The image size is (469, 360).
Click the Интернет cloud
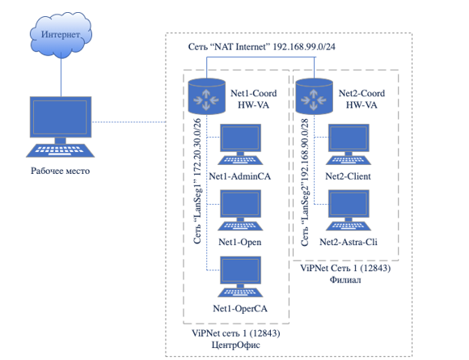pos(61,35)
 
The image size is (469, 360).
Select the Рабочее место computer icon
pos(61,126)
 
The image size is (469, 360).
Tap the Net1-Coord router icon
pos(206,96)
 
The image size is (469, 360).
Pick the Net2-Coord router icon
pos(314,96)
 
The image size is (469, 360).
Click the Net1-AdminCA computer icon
pos(240,144)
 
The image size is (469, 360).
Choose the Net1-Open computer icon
pos(240,210)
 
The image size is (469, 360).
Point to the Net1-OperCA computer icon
pos(240,277)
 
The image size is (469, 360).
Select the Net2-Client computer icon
pos(349,144)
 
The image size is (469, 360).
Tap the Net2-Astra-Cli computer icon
pos(349,210)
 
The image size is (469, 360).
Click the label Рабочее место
pos(61,171)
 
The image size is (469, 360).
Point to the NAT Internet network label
pos(262,47)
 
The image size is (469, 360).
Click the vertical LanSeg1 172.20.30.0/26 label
pos(197,181)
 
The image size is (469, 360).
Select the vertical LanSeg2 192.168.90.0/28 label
pos(305,183)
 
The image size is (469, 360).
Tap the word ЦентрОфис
pos(236,345)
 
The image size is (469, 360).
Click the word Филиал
pos(345,280)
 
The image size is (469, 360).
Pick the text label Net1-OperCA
pos(240,308)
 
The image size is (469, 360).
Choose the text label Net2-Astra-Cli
pos(349,242)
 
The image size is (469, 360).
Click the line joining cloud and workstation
pos(61,77)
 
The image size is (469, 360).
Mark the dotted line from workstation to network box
pos(129,122)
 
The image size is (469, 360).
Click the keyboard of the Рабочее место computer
pos(61,150)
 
